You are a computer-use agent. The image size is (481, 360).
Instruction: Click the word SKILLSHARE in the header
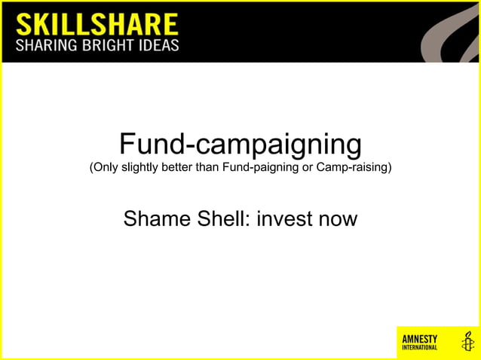pyautogui.click(x=97, y=23)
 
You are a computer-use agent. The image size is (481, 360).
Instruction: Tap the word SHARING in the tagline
pyautogui.click(x=46, y=45)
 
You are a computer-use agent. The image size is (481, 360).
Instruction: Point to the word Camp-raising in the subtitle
pyautogui.click(x=353, y=166)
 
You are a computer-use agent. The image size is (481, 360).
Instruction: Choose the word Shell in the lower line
pyautogui.click(x=225, y=219)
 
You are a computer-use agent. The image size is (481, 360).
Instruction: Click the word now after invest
pyautogui.click(x=337, y=219)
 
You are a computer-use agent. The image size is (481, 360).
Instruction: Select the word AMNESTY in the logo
pyautogui.click(x=420, y=338)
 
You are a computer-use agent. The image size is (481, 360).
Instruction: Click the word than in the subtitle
pyautogui.click(x=207, y=166)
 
